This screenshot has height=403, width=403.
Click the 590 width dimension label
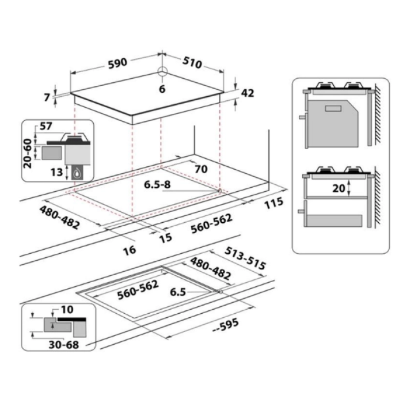pos(117,63)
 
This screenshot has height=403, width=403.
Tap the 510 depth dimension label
pos(192,63)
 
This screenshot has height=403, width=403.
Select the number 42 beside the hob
pos(248,93)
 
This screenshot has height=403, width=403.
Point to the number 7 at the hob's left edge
pos(47,97)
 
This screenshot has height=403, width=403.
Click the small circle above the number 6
pos(162,71)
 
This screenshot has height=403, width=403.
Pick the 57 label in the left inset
pos(46,126)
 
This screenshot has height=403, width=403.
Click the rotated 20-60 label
pos(28,154)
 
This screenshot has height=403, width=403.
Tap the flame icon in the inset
pos(77,173)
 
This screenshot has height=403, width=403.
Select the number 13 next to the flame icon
pos(57,172)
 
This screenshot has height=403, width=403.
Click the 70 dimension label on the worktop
pos(201,169)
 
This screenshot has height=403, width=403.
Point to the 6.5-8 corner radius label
pos(157,185)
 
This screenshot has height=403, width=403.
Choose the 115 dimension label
pos(274,203)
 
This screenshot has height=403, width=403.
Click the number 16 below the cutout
pos(130,250)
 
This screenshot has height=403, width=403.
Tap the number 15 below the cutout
pos(165,238)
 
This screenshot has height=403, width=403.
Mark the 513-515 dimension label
pos(245,258)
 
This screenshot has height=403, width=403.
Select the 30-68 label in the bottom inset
pos(64,345)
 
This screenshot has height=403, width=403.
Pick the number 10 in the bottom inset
pos(67,310)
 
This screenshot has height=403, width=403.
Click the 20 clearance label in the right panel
pos(339,188)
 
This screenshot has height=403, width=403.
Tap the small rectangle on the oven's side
pos(333,108)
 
